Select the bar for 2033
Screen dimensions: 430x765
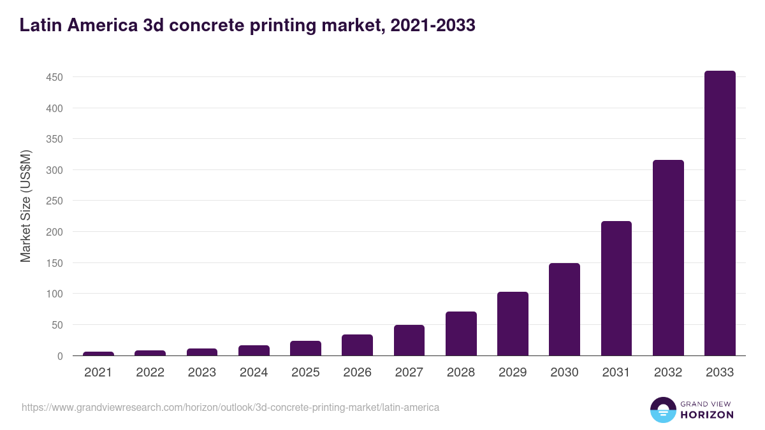720,213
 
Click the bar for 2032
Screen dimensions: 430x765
668,258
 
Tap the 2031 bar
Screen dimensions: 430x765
616,289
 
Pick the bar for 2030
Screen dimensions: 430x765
564,310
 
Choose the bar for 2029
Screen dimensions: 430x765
513,324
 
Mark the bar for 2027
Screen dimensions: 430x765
409,340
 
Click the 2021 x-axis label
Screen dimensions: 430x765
98,373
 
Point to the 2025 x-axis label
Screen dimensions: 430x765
305,373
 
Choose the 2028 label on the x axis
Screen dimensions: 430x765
461,373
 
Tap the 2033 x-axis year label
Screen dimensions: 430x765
720,373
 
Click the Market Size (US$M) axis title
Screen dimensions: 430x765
25,206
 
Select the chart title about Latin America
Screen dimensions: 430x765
247,25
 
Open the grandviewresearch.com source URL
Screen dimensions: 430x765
230,407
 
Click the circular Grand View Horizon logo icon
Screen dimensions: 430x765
663,410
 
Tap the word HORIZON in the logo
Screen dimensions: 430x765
708,415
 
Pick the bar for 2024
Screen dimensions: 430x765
254,350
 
